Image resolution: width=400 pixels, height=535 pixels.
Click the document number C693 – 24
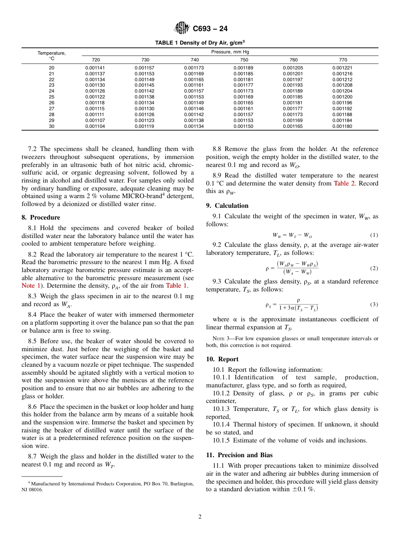coord(210,29)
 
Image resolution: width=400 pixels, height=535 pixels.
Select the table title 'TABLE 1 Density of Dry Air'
coord(200,43)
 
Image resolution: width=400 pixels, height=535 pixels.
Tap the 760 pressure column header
coord(293,60)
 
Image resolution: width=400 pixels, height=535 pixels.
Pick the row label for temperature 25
coord(51,97)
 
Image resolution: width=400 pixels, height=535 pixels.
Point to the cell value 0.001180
coord(342,126)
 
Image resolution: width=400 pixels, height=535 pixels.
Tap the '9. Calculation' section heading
coord(227,206)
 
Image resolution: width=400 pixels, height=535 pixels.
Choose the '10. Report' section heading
coord(222,359)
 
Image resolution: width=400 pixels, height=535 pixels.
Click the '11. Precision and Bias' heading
coord(239,455)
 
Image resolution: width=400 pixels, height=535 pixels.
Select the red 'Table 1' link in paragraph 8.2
coord(177,286)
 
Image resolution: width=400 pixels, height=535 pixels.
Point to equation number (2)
coord(374,268)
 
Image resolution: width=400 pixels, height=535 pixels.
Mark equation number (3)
coord(374,304)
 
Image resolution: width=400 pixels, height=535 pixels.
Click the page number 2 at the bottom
coord(200,517)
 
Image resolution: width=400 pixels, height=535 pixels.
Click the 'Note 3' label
coord(221,339)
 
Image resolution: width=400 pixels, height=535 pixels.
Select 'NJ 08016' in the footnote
coord(33,490)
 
